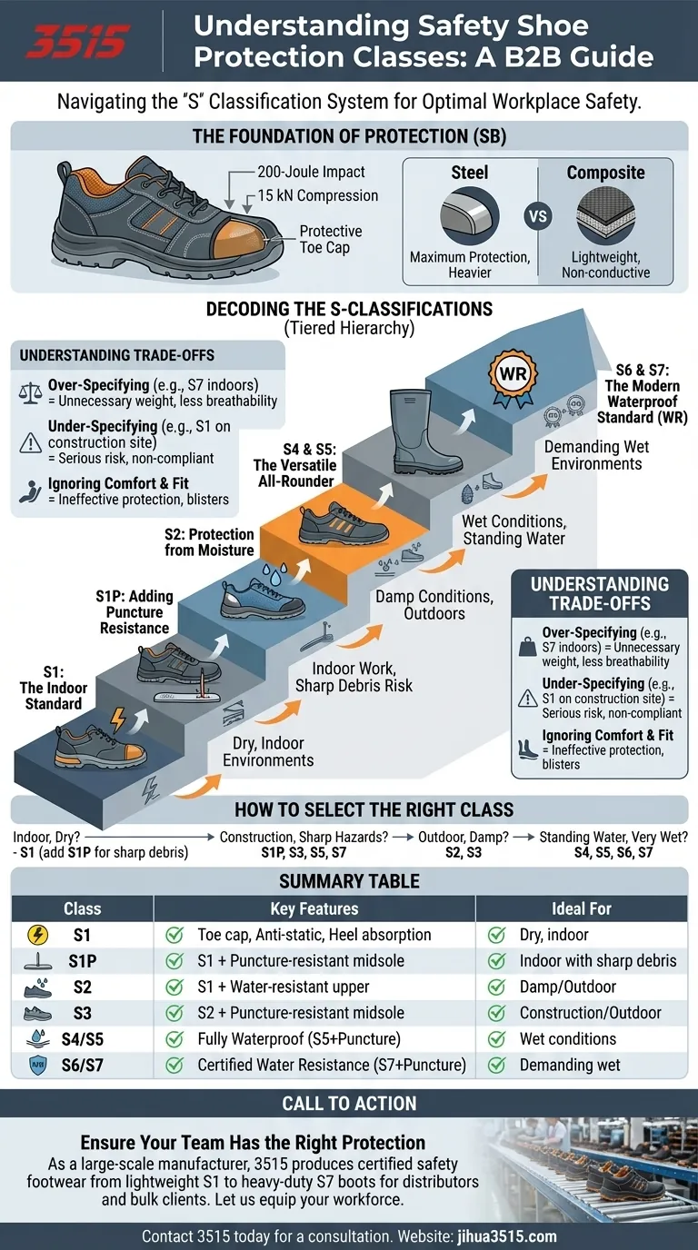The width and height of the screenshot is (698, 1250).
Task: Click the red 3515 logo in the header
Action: (x=78, y=41)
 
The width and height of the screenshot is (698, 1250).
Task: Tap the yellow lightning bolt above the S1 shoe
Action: (x=118, y=720)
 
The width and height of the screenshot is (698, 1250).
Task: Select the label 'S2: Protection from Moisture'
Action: (x=209, y=541)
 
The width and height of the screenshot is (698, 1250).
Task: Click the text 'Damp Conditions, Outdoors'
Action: (x=434, y=605)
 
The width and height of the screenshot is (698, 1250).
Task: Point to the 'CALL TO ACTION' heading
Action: (x=349, y=1104)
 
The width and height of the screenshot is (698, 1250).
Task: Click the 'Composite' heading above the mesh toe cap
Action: (x=605, y=173)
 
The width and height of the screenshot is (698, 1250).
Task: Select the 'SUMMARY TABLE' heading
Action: (x=349, y=880)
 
